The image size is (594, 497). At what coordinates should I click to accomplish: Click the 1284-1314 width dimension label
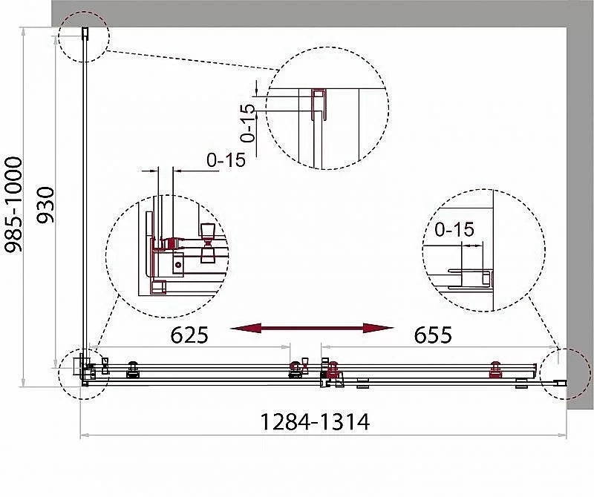(314, 421)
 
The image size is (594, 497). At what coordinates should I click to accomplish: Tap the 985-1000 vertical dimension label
(13, 205)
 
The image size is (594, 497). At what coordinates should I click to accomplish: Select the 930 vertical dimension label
(45, 205)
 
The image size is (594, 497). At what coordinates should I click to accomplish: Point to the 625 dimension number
(189, 335)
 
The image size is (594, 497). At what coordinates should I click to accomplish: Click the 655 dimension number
(433, 335)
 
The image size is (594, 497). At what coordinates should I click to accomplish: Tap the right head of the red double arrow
(378, 328)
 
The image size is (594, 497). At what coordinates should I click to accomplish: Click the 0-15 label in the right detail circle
(454, 229)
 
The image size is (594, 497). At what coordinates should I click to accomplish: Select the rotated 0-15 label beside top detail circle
(248, 123)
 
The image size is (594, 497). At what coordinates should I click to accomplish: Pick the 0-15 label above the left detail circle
(226, 160)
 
